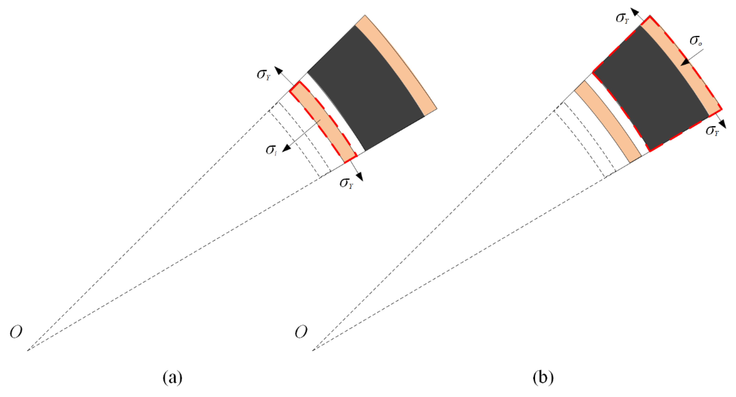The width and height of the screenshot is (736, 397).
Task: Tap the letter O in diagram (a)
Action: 16,332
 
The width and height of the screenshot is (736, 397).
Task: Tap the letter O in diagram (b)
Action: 301,332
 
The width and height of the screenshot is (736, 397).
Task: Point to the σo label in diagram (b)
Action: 696,41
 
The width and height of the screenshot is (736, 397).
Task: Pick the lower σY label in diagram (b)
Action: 712,131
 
